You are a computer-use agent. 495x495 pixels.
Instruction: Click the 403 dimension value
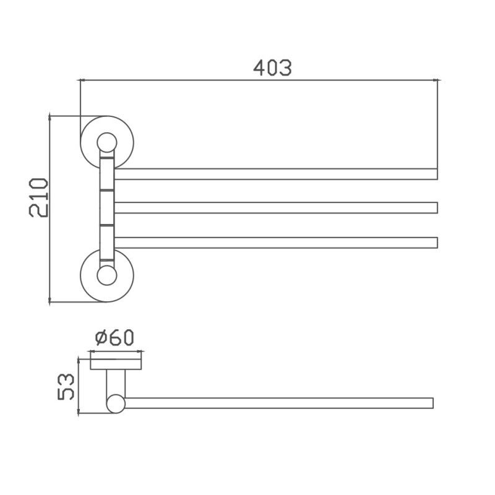point(272,67)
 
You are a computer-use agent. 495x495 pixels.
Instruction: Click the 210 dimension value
point(38,197)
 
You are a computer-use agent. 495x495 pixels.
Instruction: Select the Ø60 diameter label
point(115,338)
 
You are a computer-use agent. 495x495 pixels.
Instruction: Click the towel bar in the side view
point(278,403)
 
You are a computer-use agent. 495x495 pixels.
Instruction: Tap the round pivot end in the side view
point(116,404)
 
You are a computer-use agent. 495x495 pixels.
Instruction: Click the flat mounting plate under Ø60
point(116,363)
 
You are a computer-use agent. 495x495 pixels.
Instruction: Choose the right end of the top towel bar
point(436,174)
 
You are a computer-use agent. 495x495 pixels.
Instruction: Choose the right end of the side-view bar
point(432,403)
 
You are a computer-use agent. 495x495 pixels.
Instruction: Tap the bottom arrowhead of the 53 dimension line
point(78,413)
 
